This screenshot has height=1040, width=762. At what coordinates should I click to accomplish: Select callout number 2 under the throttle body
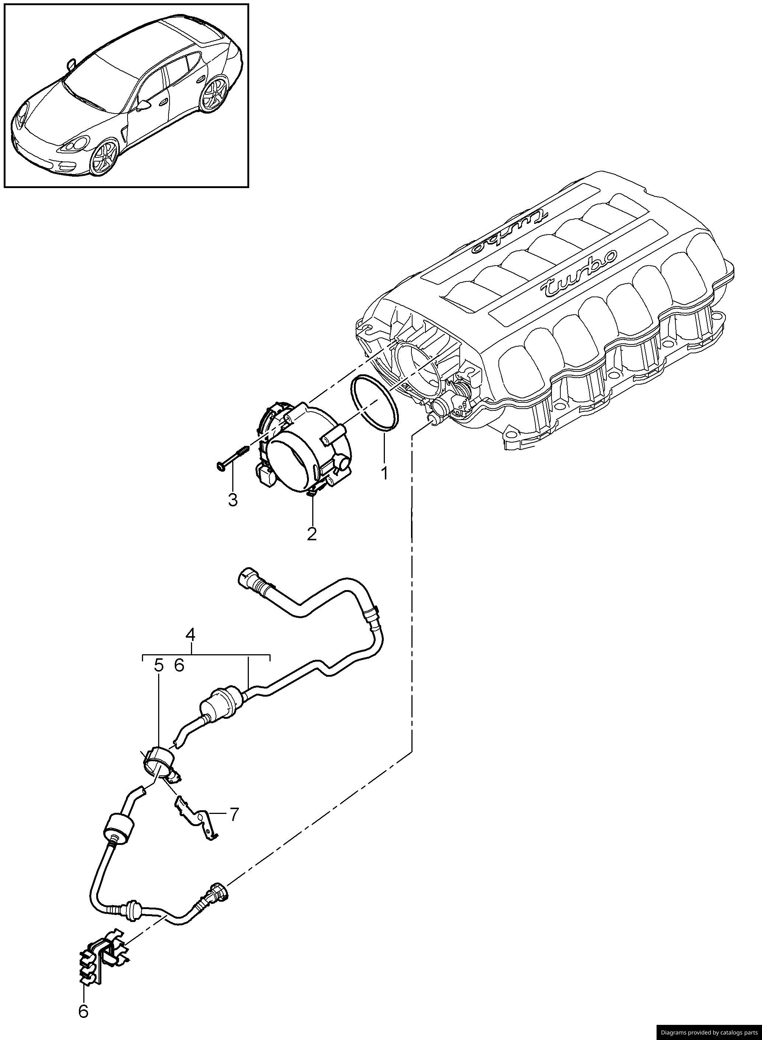312,534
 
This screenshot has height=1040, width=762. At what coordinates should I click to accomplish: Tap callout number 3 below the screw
233,499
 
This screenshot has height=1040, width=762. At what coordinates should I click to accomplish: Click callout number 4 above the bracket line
190,635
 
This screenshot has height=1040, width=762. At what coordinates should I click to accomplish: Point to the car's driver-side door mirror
145,106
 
